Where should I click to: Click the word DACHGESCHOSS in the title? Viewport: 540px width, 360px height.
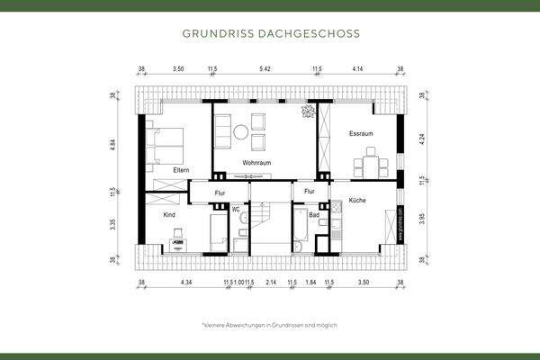(310, 34)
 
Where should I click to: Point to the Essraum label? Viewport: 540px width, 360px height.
(361, 134)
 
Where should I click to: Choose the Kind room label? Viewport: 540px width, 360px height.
(168, 216)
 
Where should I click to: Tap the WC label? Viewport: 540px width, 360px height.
(236, 210)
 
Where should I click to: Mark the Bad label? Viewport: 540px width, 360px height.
(314, 216)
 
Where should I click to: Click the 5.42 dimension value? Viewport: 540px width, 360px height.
(264, 68)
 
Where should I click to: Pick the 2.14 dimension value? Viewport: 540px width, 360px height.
(271, 283)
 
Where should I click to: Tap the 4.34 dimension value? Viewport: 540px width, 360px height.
(186, 283)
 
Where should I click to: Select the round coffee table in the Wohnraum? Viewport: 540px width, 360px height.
(240, 132)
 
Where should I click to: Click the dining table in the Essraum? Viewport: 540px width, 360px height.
(370, 166)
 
